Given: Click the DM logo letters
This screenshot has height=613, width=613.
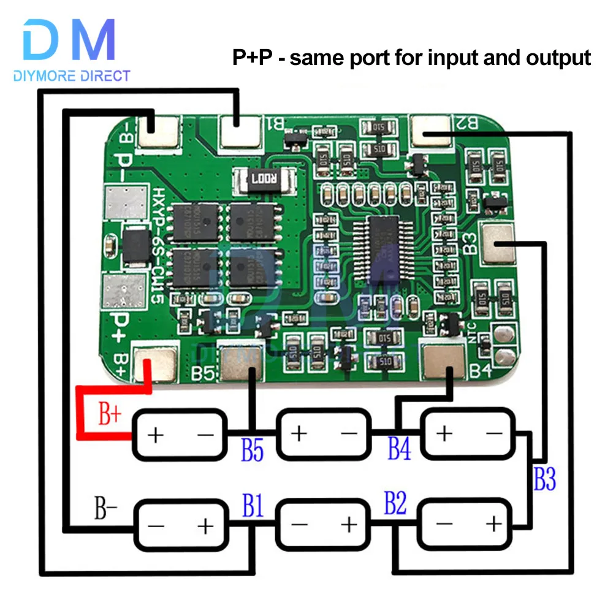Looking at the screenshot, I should point(69,40).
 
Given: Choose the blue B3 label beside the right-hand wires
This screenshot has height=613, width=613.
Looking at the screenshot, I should point(544,479).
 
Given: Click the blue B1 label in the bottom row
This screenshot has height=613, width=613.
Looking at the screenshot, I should point(253,507).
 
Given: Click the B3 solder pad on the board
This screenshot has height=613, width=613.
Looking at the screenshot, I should point(498,242).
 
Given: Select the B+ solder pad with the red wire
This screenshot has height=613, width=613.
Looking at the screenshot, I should point(156,363).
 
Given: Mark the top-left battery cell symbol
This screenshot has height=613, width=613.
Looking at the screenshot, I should point(180,435).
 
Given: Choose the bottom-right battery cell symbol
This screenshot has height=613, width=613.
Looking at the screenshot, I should point(465,524).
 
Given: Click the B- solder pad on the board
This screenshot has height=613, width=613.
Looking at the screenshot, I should point(161,131).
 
